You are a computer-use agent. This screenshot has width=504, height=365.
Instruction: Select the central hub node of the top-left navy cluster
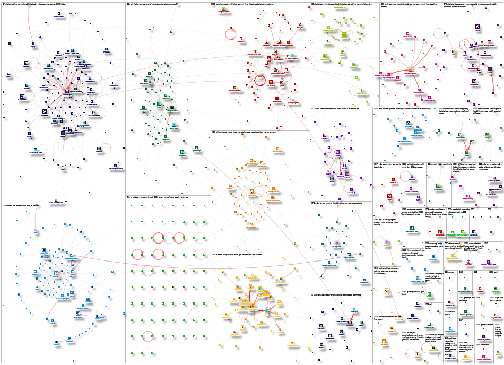tap(67, 91)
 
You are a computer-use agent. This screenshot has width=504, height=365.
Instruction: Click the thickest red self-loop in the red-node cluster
tap(261, 81)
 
